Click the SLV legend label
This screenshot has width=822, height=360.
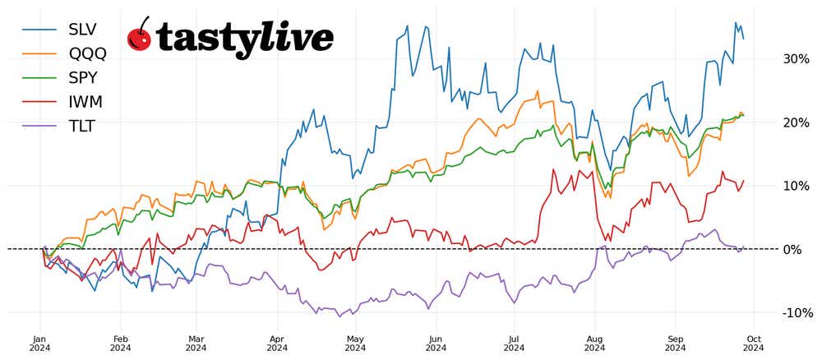(x=82, y=29)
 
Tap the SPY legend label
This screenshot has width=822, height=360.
(x=83, y=77)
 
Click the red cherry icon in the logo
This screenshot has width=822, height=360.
(x=140, y=36)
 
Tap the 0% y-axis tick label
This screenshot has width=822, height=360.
(x=792, y=249)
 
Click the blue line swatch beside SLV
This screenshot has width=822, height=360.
(x=38, y=29)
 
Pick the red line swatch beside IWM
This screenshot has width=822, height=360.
(x=38, y=102)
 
